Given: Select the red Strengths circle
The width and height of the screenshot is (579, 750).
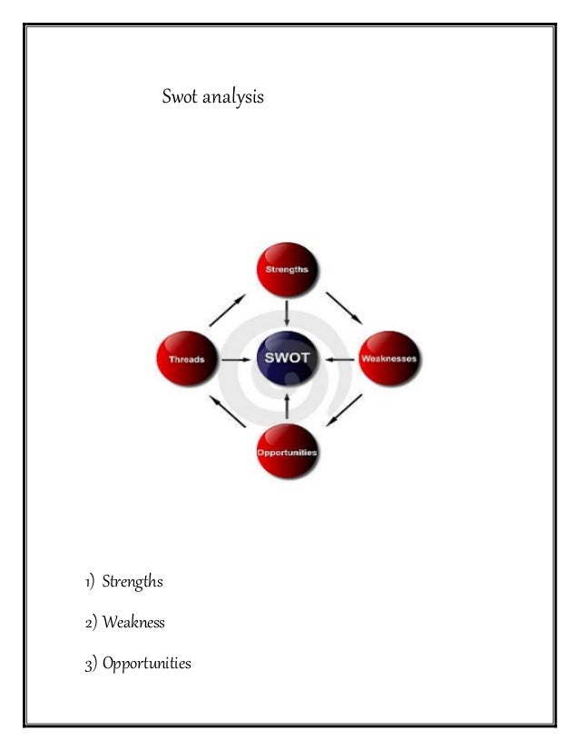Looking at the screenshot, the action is coord(287,270).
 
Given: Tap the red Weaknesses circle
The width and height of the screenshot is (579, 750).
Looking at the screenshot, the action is coord(389,359).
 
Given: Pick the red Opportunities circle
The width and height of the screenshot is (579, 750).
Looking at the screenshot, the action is coord(287,451).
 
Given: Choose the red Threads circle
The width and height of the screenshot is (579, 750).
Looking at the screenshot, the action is coord(187,359).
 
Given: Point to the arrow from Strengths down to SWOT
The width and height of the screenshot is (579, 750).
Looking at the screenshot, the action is coord(287,313).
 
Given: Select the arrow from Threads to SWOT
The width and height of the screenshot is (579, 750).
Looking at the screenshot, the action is coord(235,359).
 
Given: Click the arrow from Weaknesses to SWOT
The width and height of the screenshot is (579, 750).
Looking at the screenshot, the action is coord(340,359).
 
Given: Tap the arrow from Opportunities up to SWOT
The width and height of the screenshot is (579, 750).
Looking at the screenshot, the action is coord(287,406).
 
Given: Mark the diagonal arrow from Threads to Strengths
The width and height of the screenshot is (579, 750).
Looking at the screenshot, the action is coord(227,310).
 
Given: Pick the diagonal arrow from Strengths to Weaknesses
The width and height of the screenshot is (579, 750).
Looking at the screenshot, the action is coord(344,307).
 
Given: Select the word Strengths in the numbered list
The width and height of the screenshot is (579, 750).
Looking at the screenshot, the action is coord(132,581).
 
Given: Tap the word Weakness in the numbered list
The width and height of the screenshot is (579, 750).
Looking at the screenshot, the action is coord(133,623).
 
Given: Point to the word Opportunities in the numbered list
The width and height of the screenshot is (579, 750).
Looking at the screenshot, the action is coord(146,664).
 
